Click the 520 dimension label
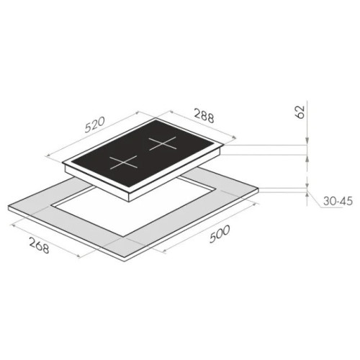[x=95, y=125]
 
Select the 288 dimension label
[x=204, y=116]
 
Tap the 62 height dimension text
[x=300, y=112]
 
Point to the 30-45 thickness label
[x=338, y=201]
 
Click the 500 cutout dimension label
[x=220, y=234]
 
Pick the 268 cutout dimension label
[x=40, y=245]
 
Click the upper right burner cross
[x=163, y=143]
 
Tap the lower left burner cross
[x=123, y=163]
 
